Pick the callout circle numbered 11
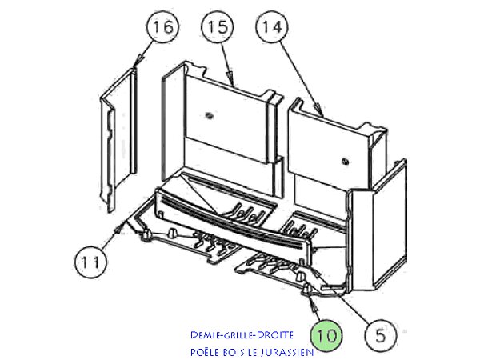click(x=90, y=260)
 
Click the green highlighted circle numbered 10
click(x=326, y=334)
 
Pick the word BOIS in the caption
click(x=238, y=352)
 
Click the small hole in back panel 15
click(x=209, y=115)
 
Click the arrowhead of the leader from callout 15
click(x=233, y=85)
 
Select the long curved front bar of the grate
click(x=232, y=222)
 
